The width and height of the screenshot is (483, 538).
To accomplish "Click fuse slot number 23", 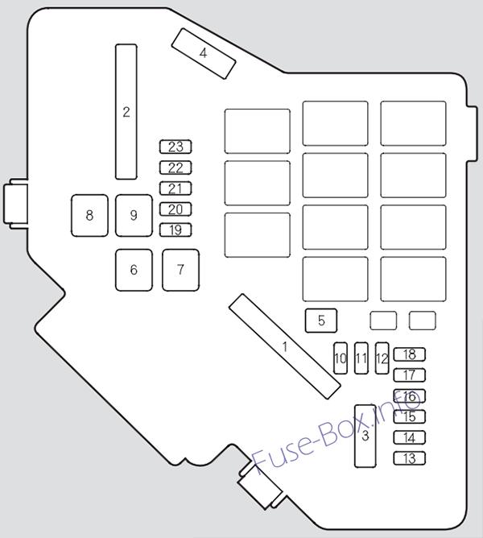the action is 175,147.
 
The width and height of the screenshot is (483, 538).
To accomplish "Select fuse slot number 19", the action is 175,230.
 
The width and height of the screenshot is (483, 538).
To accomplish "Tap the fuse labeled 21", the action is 175,188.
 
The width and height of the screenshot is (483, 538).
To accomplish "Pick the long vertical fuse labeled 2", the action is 126,112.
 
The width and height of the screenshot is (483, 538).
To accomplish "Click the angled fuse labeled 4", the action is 204,53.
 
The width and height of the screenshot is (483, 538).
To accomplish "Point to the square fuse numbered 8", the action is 89,216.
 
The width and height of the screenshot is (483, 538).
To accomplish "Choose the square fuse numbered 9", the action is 134,216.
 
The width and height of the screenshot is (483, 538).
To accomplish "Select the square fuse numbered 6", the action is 134,270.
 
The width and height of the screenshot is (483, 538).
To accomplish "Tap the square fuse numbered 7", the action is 180,270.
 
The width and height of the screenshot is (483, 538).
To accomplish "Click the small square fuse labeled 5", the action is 321,321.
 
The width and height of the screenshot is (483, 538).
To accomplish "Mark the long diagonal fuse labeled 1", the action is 285,346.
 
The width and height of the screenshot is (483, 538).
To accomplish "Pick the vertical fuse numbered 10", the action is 341,358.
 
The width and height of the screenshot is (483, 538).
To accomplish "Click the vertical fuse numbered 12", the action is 382,358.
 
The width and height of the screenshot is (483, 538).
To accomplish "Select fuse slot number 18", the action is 410,354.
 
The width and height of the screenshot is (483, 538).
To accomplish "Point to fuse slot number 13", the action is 410,458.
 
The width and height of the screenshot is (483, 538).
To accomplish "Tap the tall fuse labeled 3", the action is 365,436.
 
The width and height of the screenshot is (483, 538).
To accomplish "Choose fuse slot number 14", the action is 410,437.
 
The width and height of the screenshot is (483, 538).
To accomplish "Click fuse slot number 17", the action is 410,375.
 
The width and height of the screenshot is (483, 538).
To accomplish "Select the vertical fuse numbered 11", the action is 361,358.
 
